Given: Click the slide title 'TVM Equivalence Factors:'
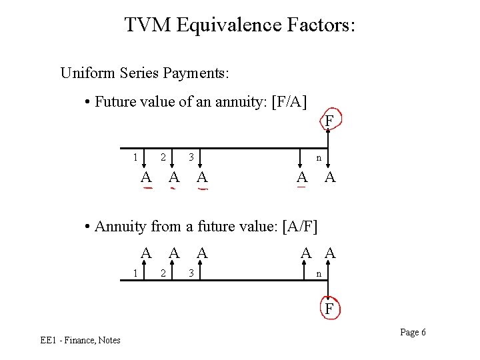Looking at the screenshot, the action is click(x=240, y=25).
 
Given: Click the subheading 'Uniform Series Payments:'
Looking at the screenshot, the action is click(x=145, y=73).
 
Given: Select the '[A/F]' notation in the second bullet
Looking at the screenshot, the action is click(x=300, y=226).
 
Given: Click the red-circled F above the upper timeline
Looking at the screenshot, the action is click(x=329, y=121).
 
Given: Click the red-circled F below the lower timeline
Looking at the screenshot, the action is click(x=329, y=309).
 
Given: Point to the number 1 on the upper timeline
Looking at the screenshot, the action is click(x=135, y=158).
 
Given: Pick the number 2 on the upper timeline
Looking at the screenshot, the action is click(x=163, y=158).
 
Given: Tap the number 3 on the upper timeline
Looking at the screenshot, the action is click(x=191, y=158).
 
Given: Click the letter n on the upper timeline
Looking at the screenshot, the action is click(x=319, y=159).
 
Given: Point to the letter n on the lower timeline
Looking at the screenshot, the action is click(x=319, y=273).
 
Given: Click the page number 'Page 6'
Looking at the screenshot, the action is click(x=413, y=333).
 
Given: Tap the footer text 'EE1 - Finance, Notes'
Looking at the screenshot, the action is click(x=80, y=341).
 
